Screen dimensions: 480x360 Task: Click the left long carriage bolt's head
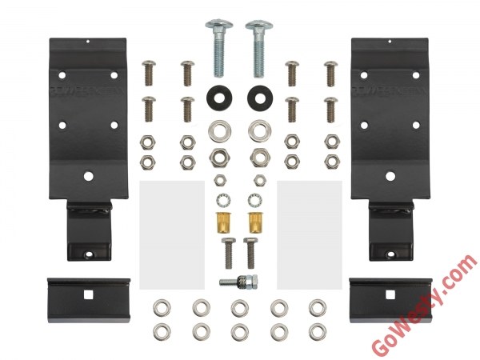219,25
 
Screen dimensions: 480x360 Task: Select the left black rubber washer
219,98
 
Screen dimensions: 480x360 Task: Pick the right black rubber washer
259,98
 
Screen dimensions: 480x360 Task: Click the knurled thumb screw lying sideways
238,280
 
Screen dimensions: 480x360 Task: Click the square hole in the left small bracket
88,294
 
